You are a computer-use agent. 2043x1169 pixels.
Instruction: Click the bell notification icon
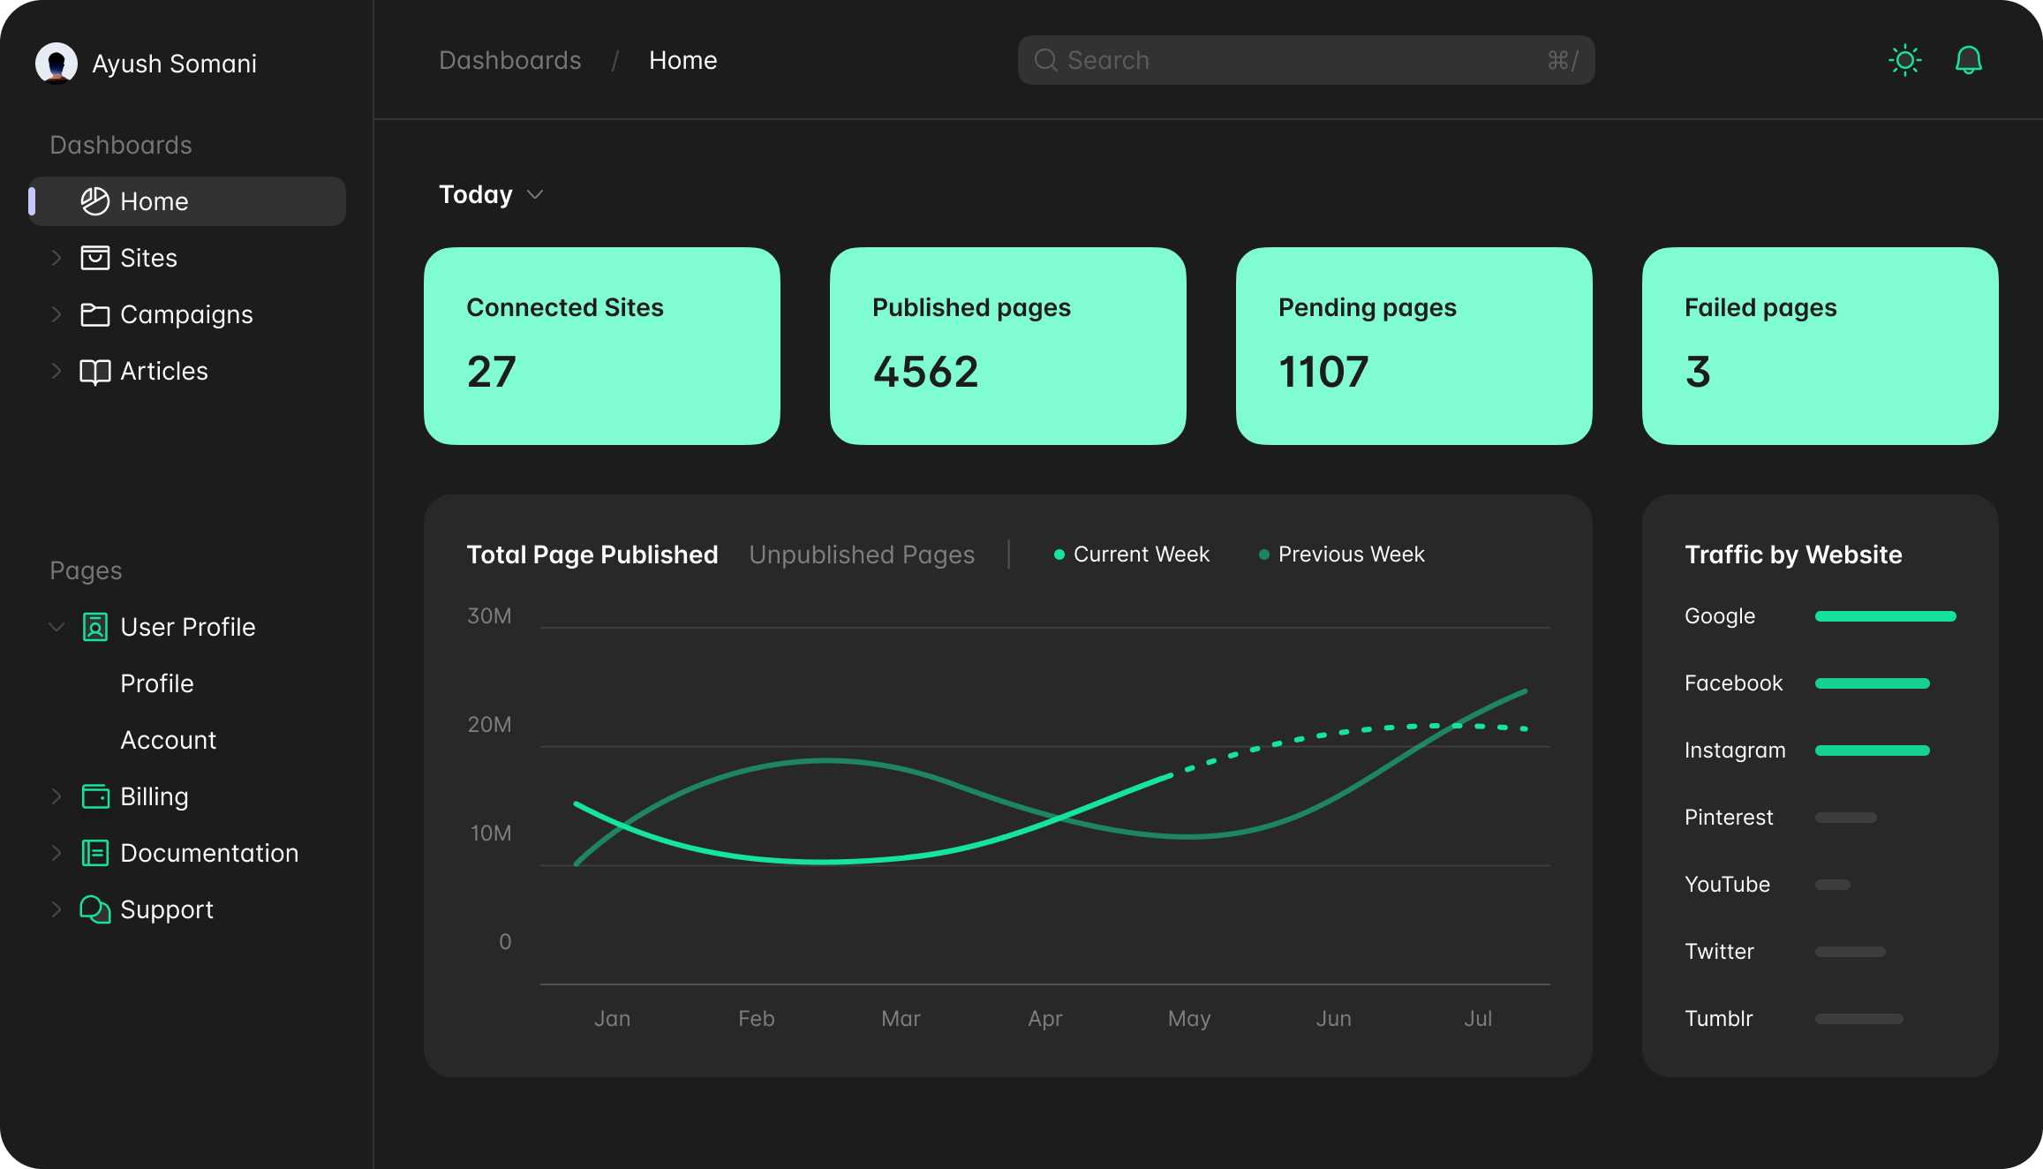click(x=1969, y=60)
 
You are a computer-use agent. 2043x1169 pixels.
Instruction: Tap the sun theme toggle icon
click(x=1905, y=60)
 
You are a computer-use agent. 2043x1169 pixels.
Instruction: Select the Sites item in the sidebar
click(x=148, y=258)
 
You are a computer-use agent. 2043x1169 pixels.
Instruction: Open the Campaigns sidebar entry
click(x=186, y=314)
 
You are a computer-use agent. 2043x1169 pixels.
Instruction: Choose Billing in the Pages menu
click(x=154, y=796)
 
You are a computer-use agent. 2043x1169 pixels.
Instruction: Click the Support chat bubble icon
click(x=94, y=909)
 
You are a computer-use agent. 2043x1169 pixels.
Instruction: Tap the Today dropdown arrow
click(x=535, y=194)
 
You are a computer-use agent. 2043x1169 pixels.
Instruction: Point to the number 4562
click(x=925, y=372)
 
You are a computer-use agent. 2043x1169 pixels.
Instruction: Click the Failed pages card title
click(x=1760, y=307)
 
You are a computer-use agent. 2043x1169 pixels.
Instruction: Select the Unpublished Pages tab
click(x=862, y=554)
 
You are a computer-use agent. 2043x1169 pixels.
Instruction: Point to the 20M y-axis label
click(x=489, y=725)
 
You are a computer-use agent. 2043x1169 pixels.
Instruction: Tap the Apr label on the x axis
click(x=1044, y=1019)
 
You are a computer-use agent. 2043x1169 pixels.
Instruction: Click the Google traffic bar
click(x=1885, y=616)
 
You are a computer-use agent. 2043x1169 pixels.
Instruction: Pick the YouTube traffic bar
click(x=1832, y=885)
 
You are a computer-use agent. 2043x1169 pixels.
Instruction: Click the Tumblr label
click(x=1718, y=1019)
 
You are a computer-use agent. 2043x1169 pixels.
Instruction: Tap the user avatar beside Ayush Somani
click(x=57, y=64)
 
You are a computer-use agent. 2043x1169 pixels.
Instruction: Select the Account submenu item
click(x=168, y=740)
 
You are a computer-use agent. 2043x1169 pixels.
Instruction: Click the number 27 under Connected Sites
click(x=491, y=372)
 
